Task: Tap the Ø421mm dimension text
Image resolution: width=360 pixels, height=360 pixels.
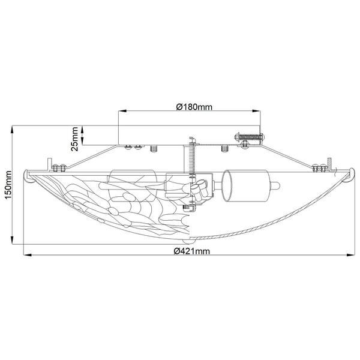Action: point(191,251)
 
